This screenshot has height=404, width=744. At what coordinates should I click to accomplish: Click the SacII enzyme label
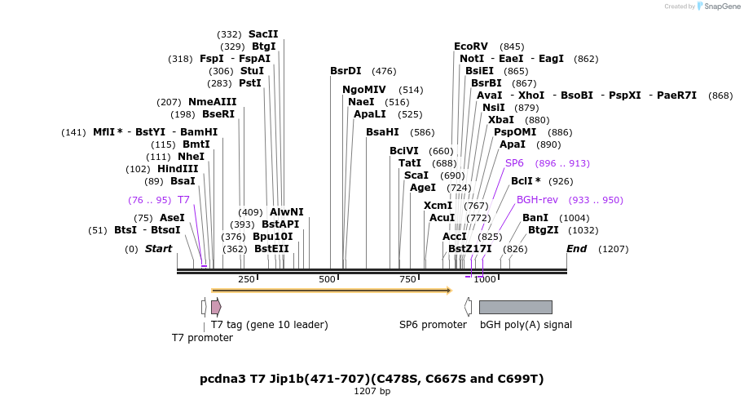click(263, 34)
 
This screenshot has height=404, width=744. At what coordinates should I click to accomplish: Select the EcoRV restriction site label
click(470, 47)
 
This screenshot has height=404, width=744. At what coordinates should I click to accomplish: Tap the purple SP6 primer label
click(514, 163)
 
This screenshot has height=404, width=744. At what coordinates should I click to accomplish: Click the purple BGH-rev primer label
click(537, 200)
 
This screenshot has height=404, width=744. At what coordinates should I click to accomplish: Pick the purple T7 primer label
click(183, 200)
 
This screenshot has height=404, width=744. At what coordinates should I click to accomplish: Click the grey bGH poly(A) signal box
click(515, 307)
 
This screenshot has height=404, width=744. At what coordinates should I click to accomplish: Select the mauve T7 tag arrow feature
click(216, 307)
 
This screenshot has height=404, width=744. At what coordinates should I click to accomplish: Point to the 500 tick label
click(327, 280)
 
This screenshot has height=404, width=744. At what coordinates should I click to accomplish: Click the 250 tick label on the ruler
click(246, 280)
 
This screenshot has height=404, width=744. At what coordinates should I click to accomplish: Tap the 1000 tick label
click(485, 280)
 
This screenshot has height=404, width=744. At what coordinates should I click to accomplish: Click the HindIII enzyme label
click(178, 169)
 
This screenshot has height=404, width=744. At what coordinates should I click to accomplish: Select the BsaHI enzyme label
click(382, 132)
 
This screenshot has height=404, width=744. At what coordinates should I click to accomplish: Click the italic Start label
click(158, 249)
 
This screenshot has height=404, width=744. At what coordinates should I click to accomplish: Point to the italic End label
click(576, 249)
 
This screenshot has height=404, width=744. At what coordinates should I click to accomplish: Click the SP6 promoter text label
click(433, 325)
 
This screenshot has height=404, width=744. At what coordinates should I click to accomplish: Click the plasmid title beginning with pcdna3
click(372, 379)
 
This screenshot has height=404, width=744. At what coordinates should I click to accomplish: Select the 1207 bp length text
click(372, 392)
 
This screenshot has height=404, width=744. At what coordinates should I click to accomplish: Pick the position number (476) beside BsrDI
click(384, 71)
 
